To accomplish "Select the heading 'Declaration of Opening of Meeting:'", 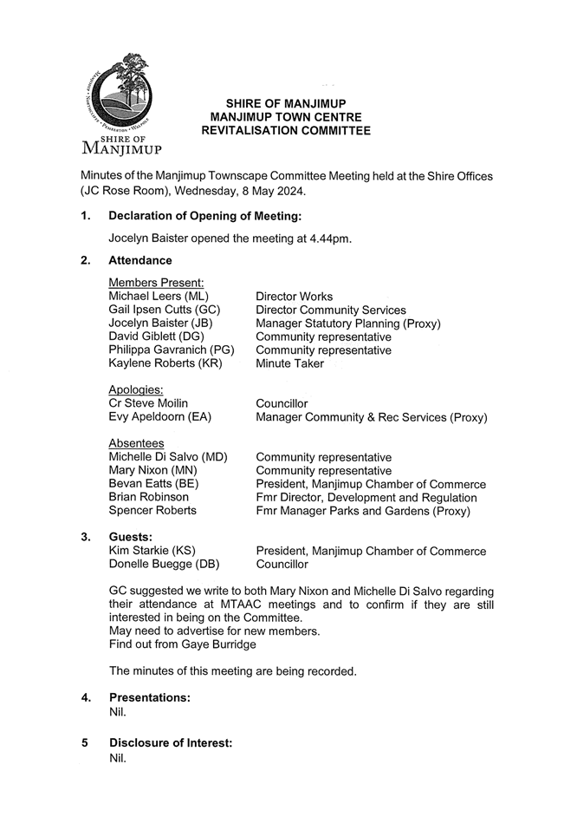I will pos(205,216).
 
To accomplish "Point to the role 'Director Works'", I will pos(294,297).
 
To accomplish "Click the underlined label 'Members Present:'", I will pos(156,283).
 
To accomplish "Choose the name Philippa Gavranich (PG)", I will pos(172,350).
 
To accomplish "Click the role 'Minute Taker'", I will pos(289,363).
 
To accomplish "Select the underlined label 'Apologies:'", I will pos(137,390).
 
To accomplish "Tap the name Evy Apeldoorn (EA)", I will pos(160,417).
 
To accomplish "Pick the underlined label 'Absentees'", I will pos(136,444).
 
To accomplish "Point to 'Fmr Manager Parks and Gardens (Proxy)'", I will pos(363,511).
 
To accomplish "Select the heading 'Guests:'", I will pos(131,538).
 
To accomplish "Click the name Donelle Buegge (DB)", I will pos(164,564).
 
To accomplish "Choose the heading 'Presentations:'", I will pos(150,697).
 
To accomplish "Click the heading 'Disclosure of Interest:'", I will pos(171,743).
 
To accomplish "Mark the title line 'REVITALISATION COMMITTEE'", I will pos(286,131).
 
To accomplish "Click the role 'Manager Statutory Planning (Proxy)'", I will pos(348,324).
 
